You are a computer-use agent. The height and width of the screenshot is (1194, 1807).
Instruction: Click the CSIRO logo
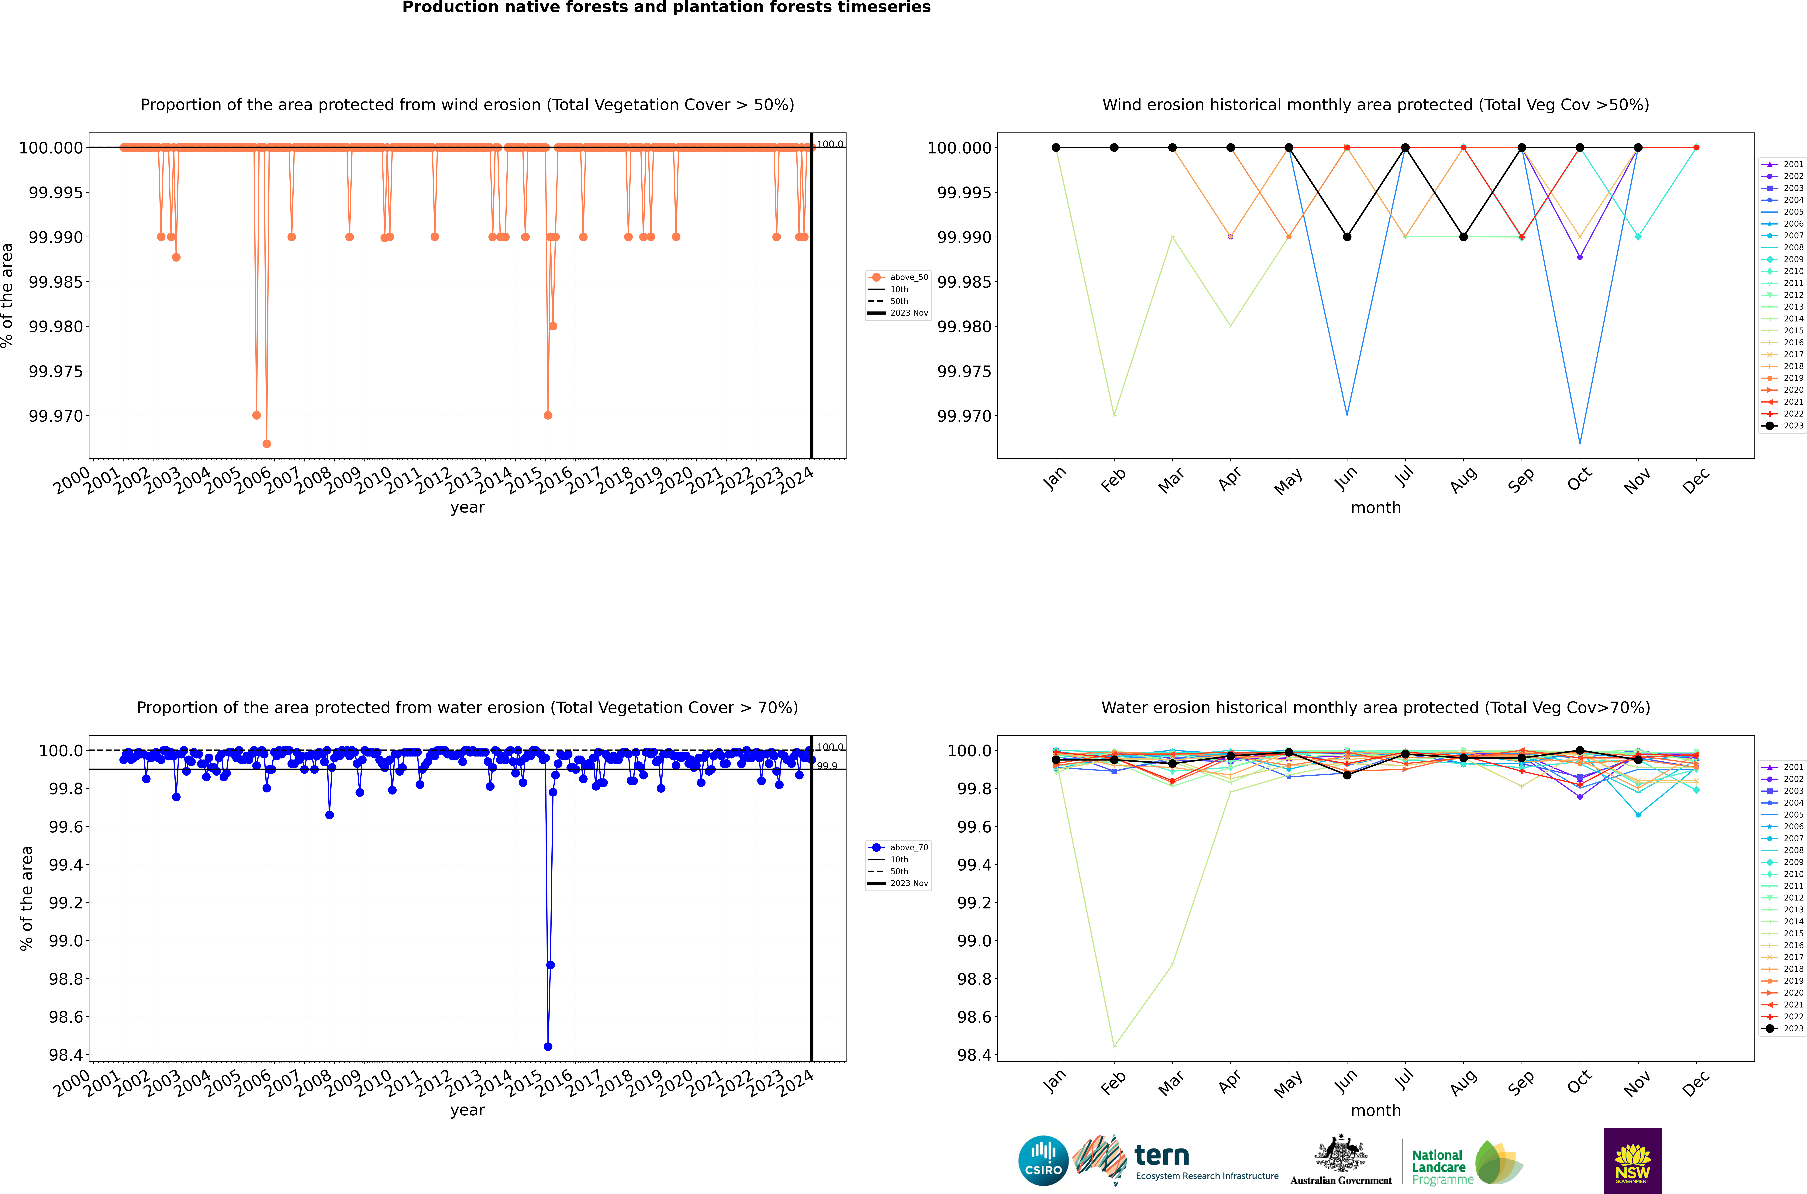pyautogui.click(x=1043, y=1161)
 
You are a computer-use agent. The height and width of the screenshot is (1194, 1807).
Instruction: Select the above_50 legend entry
pyautogui.click(x=898, y=277)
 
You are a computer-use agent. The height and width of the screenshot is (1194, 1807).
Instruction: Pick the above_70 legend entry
pyautogui.click(x=898, y=848)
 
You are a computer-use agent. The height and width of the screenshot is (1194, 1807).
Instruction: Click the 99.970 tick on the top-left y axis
pyautogui.click(x=56, y=416)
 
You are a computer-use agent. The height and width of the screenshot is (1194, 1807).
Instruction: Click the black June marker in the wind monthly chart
pyautogui.click(x=1347, y=237)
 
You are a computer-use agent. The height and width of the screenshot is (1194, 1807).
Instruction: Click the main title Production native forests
pyautogui.click(x=666, y=8)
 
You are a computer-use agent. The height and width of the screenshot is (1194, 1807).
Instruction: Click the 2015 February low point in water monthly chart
pyautogui.click(x=1114, y=1046)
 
